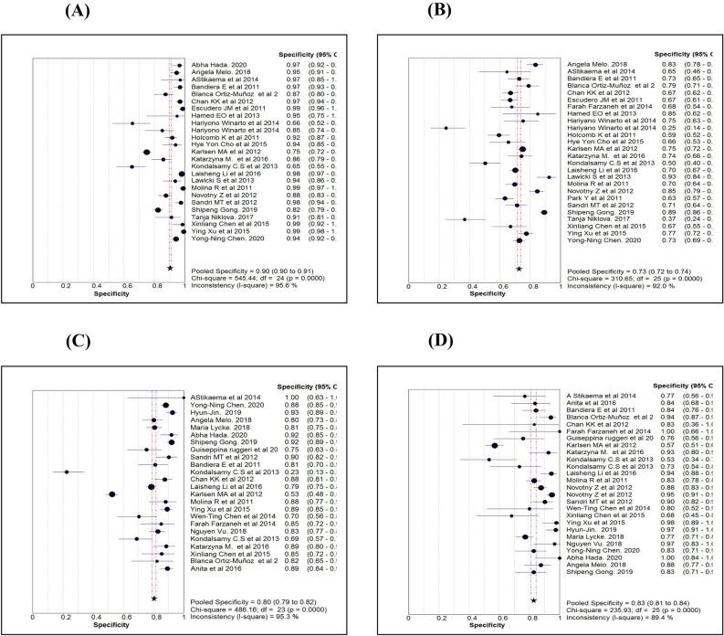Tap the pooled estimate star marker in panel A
(x=170, y=268)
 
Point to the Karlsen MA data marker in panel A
(x=146, y=152)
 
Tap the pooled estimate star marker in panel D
(x=533, y=600)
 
